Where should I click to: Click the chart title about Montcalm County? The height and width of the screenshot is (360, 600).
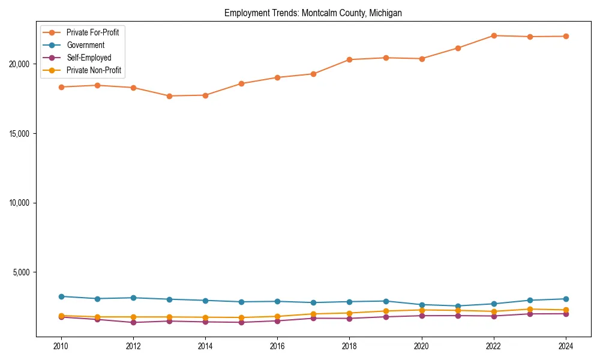[313, 13]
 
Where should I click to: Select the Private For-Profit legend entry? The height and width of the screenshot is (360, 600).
[92, 32]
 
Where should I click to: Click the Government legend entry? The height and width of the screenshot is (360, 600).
[85, 45]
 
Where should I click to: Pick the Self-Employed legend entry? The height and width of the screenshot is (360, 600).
[89, 58]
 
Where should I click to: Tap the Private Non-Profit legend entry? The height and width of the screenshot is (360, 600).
[94, 70]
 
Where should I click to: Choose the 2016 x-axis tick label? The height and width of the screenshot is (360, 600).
[277, 346]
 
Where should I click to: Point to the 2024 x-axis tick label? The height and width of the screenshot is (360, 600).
[566, 346]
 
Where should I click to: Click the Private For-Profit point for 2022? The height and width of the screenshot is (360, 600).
[494, 35]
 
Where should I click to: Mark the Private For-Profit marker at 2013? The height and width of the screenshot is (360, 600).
[169, 96]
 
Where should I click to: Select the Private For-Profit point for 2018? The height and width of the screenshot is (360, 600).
[349, 59]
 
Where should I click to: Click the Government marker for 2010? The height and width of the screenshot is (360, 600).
[61, 296]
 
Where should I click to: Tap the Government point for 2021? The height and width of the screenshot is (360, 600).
[458, 306]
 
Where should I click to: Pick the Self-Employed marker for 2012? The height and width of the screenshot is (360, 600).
[133, 322]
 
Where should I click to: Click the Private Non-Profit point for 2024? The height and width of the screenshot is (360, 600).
[566, 310]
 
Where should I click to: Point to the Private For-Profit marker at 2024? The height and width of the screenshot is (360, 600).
[566, 36]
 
